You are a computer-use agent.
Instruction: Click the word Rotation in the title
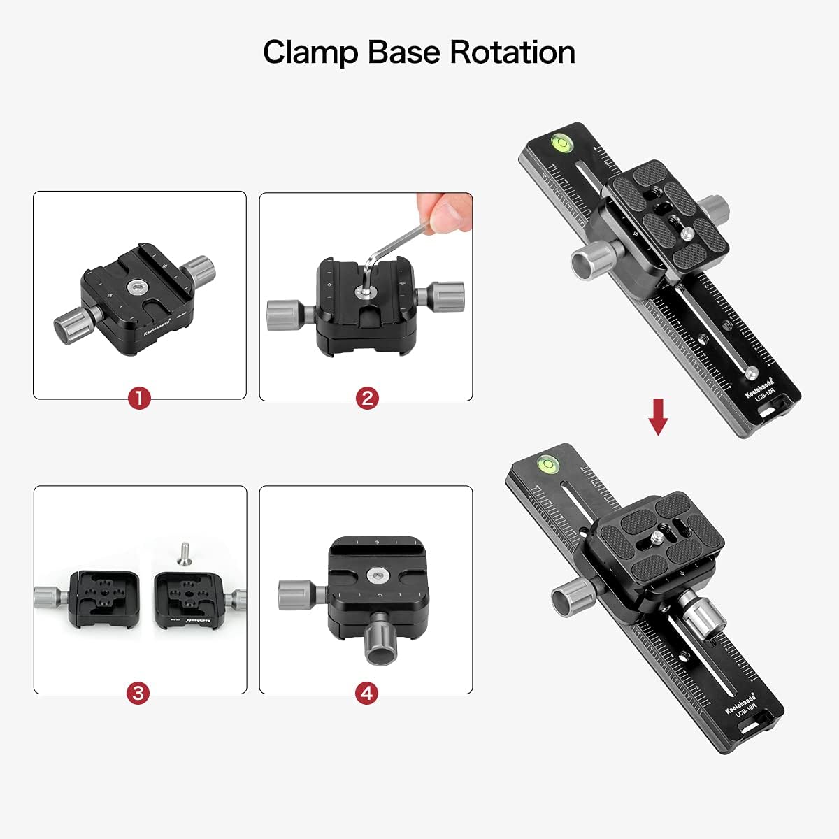pos(512,52)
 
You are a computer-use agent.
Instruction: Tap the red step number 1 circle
pos(139,399)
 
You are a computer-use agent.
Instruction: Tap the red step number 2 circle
pos(366,399)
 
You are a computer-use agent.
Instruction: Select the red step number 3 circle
pos(138,693)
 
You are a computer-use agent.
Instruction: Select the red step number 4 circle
pos(366,693)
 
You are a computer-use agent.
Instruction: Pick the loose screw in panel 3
pos(185,552)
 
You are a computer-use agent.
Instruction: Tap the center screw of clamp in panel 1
pos(133,287)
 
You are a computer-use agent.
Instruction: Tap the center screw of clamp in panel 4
pos(375,574)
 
